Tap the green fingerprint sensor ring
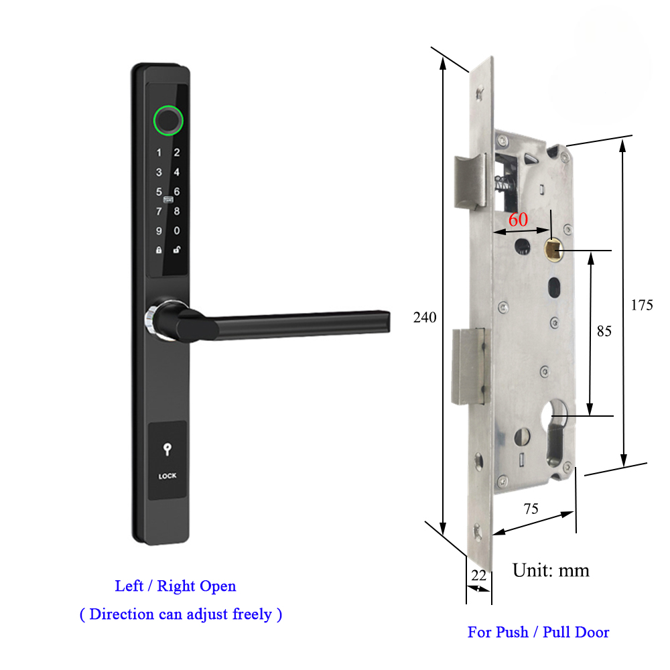pyautogui.click(x=167, y=120)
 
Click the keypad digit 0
pyautogui.click(x=177, y=231)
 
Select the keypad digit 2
pyautogui.click(x=177, y=153)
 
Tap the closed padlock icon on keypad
pyautogui.click(x=159, y=251)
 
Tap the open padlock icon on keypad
pyautogui.click(x=177, y=251)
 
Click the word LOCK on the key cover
pyautogui.click(x=167, y=476)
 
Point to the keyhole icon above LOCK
pyautogui.click(x=167, y=450)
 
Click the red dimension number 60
pyautogui.click(x=518, y=220)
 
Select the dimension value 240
pyautogui.click(x=424, y=318)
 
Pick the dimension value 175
pyautogui.click(x=642, y=305)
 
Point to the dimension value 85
pyautogui.click(x=604, y=331)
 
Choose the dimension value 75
pyautogui.click(x=531, y=509)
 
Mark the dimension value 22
pyautogui.click(x=478, y=575)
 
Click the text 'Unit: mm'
pyautogui.click(x=551, y=570)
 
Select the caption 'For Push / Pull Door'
pyautogui.click(x=538, y=632)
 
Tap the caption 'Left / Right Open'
pyautogui.click(x=176, y=586)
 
